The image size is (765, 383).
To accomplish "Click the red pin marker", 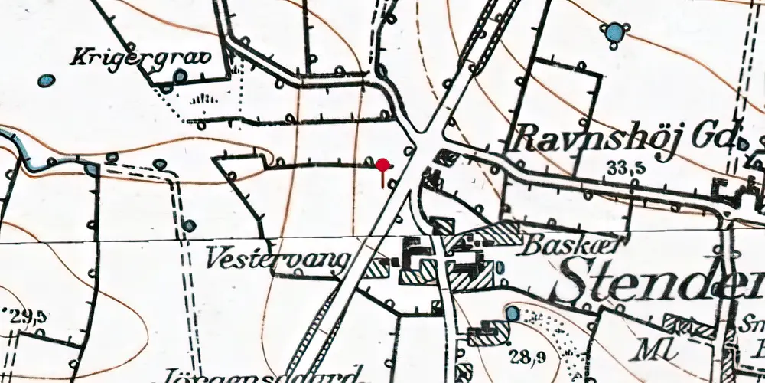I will [382, 165].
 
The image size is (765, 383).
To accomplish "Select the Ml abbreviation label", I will [653, 349].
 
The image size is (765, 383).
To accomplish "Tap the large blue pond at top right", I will [614, 32].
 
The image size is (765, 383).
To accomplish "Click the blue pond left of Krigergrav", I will [47, 80].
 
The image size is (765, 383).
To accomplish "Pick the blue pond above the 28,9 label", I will [512, 313].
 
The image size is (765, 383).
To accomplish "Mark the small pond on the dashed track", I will [189, 224].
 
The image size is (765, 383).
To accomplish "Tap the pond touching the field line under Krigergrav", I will [179, 77].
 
